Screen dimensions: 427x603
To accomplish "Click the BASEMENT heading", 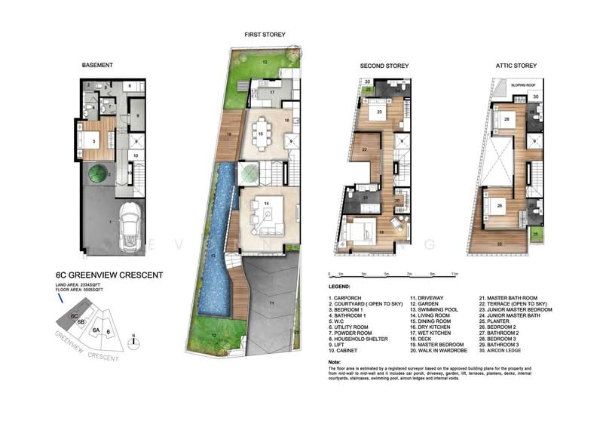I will pyautogui.click(x=96, y=66).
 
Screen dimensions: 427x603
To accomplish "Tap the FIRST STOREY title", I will pyautogui.click(x=264, y=34).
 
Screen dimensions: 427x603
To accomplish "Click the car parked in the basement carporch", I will pyautogui.click(x=130, y=226).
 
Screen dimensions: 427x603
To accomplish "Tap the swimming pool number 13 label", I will pyautogui.click(x=214, y=257).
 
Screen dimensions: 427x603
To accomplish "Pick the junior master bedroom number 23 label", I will pyautogui.click(x=379, y=112).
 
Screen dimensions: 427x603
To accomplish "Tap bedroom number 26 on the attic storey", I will pyautogui.click(x=499, y=205).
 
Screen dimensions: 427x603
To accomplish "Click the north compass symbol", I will pyautogui.click(x=133, y=342).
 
